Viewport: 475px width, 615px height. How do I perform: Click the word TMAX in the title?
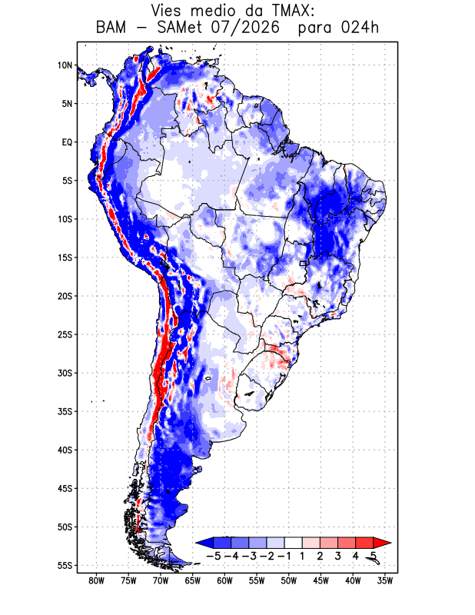pos(290,10)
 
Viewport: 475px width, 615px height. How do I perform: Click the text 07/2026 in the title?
pos(244,28)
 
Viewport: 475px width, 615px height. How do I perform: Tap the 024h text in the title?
pos(360,28)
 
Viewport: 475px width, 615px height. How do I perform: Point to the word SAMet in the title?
pos(180,28)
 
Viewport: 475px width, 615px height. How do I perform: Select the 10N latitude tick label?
pos(65,65)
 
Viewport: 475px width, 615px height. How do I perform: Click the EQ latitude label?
pos(67,142)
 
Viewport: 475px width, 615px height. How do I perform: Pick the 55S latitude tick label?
pos(65,565)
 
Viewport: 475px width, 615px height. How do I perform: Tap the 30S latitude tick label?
pos(65,373)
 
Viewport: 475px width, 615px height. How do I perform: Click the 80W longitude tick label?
pos(97,581)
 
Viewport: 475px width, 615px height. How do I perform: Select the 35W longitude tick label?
pos(385,581)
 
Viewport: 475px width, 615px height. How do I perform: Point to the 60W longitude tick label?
pos(224,581)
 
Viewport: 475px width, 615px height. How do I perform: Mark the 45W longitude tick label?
pos(321,581)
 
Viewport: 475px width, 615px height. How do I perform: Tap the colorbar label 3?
pos(337,556)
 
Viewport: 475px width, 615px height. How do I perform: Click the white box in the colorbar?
pos(293,543)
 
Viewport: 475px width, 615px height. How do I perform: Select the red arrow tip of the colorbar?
pos(390,543)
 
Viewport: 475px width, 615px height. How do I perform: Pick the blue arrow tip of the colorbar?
pos(197,543)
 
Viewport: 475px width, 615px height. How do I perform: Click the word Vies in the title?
pos(166,10)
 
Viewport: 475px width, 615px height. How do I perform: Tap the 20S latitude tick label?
pos(65,296)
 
